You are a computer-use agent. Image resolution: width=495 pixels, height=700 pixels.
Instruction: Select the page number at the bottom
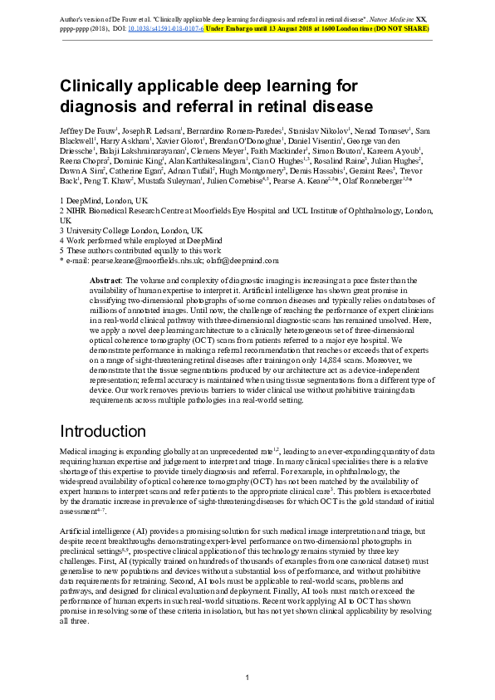(247, 679)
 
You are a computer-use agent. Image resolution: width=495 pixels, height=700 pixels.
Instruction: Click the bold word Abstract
(105, 281)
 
